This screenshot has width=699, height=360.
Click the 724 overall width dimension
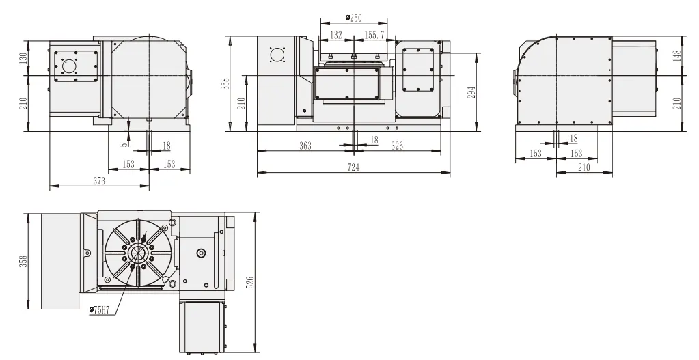pyautogui.click(x=353, y=168)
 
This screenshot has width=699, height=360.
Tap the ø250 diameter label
pyautogui.click(x=353, y=18)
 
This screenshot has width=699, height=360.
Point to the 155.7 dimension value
pyautogui.click(x=374, y=35)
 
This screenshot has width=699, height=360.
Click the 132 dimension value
pyautogui.click(x=335, y=35)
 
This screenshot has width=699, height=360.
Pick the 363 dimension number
pyautogui.click(x=305, y=146)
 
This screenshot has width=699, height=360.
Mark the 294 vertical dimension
pyautogui.click(x=471, y=91)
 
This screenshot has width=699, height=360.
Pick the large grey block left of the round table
pyautogui.click(x=61, y=260)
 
